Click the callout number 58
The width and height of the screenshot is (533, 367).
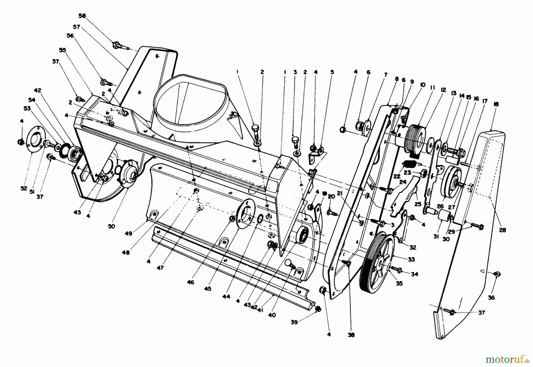click(x=82, y=16)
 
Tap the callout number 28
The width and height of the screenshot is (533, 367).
click(x=503, y=230)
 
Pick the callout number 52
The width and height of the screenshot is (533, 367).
click(x=24, y=188)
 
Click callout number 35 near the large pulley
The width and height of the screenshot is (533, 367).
click(x=399, y=283)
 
